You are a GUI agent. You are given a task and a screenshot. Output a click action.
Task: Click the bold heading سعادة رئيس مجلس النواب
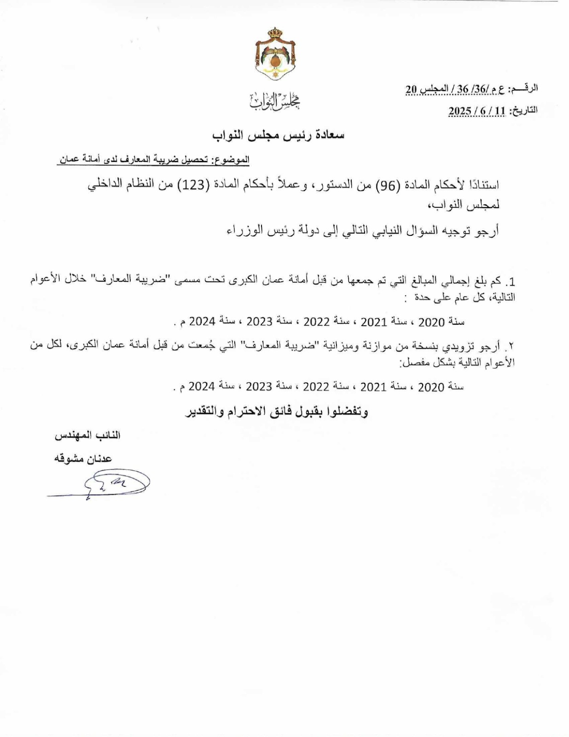pos(278,135)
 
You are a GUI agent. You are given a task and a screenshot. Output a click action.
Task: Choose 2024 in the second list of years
pos(201,386)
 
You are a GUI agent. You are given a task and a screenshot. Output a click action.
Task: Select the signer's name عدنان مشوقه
pos(83,459)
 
